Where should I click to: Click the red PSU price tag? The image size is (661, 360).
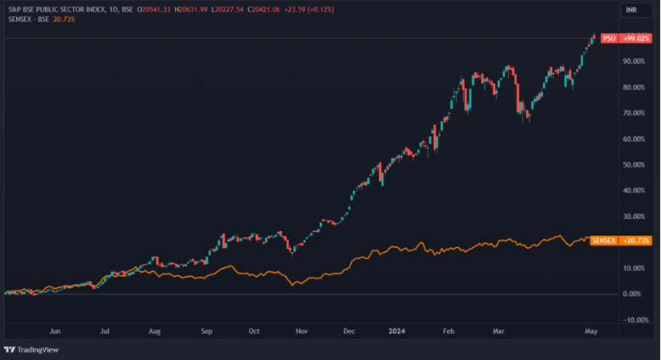[608, 38]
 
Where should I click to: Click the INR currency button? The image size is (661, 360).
[631, 9]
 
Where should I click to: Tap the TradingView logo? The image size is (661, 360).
[31, 350]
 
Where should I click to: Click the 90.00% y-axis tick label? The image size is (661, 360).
[631, 62]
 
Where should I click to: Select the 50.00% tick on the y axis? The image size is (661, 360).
[631, 165]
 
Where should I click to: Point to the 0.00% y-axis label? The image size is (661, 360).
[632, 294]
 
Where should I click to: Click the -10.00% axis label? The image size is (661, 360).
[631, 319]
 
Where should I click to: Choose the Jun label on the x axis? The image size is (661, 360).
[56, 332]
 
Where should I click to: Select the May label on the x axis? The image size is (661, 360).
[591, 332]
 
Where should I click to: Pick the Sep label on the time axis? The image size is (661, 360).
[206, 332]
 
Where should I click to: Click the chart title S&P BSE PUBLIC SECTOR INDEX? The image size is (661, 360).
[61, 8]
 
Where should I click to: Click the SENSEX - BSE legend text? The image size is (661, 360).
[25, 19]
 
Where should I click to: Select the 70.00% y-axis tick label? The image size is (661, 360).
[631, 113]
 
